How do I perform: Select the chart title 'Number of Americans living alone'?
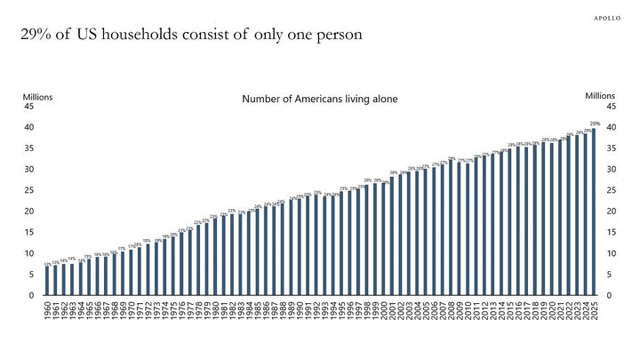(x=320, y=99)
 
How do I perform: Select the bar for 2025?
(x=594, y=212)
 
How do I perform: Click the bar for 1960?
(x=47, y=281)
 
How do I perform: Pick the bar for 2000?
(x=383, y=240)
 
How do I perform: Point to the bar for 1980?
(x=215, y=257)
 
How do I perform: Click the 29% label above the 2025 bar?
(x=595, y=124)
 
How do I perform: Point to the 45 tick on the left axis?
(x=29, y=107)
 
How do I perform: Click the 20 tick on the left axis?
(x=29, y=212)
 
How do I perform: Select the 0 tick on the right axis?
(x=609, y=296)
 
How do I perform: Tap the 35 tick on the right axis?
(x=612, y=148)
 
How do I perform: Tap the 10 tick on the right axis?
(x=612, y=254)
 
